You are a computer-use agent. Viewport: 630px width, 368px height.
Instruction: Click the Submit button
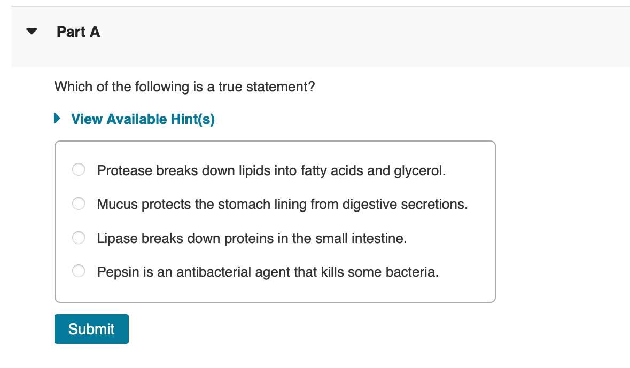91,329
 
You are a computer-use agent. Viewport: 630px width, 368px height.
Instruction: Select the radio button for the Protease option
79,169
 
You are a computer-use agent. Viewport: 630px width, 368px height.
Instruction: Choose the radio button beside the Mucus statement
79,203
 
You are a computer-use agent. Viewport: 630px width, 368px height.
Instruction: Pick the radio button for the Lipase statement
79,238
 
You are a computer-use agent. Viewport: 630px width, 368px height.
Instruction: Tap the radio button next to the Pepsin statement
79,271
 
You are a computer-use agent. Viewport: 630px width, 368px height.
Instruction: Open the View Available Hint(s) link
143,119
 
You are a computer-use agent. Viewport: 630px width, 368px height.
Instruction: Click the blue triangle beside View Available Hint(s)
57,118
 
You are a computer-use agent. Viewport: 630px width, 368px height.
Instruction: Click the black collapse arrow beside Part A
32,32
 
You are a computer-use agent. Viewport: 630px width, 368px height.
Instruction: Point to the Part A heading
79,32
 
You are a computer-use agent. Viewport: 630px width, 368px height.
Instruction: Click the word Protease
125,171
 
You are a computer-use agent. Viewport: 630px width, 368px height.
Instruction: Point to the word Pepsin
118,272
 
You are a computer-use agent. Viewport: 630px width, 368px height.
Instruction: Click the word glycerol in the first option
420,171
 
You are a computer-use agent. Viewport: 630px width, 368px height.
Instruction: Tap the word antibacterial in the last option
214,272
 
